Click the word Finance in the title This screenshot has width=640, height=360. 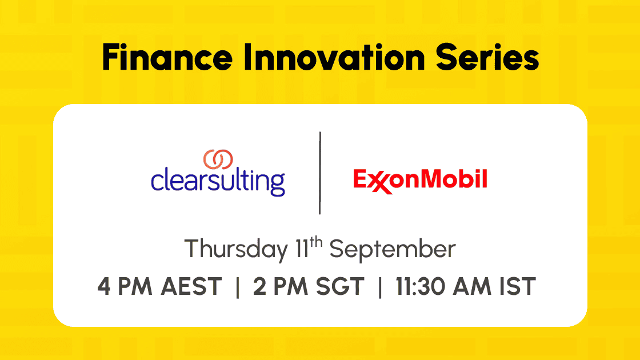click(x=167, y=57)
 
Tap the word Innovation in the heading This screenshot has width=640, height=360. click(x=334, y=57)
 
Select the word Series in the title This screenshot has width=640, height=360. click(x=487, y=57)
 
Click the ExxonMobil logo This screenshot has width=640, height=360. click(x=420, y=181)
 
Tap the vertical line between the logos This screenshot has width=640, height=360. click(x=320, y=173)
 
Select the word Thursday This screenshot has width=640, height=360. click(x=237, y=249)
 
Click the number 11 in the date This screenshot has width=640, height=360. click(x=302, y=249)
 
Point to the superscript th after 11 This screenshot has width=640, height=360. click(x=316, y=242)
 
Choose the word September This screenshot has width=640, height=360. click(x=392, y=249)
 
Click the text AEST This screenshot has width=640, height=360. click(x=191, y=286)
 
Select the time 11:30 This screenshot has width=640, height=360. click(x=420, y=286)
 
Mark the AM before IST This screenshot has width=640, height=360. click(x=472, y=286)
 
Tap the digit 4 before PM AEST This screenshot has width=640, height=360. click(x=103, y=286)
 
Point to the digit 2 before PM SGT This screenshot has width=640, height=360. click(x=259, y=286)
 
